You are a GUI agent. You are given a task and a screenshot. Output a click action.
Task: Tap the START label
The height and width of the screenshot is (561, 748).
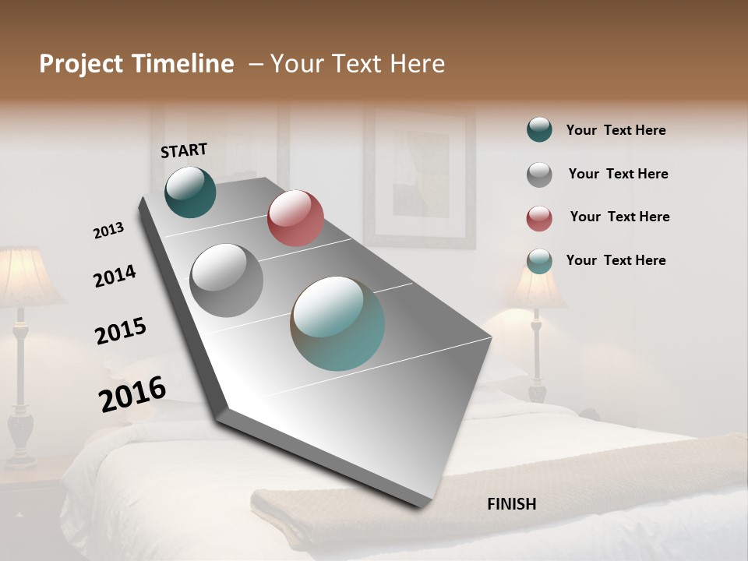click(184, 150)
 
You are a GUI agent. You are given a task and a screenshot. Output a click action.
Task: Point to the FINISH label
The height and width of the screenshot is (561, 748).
click(512, 504)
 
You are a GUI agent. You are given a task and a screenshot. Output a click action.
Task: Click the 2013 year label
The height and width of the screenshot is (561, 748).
click(108, 231)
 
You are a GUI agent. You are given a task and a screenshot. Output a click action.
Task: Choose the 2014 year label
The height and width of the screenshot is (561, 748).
click(115, 276)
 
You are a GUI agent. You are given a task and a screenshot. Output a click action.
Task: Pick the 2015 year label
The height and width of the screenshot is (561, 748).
click(121, 331)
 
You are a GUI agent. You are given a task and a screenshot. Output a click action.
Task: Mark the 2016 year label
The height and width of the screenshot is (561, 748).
click(132, 394)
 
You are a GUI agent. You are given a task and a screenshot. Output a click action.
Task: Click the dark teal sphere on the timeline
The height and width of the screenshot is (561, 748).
click(191, 192)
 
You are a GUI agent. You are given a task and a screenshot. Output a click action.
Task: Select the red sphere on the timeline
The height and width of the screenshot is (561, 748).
click(295, 218)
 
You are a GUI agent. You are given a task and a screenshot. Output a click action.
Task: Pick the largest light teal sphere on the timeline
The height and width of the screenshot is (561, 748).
click(337, 323)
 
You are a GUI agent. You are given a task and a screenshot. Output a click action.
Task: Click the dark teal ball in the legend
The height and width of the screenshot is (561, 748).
click(539, 130)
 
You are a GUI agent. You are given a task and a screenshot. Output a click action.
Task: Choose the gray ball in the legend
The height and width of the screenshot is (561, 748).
click(539, 175)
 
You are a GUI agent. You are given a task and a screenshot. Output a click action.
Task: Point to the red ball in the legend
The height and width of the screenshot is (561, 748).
click(539, 218)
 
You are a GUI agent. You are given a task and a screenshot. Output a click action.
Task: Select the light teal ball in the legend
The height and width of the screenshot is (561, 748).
click(539, 261)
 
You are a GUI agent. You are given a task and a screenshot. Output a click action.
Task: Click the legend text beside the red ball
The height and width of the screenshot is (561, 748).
click(619, 217)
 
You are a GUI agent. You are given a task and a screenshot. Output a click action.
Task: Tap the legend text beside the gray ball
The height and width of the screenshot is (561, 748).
click(618, 174)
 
